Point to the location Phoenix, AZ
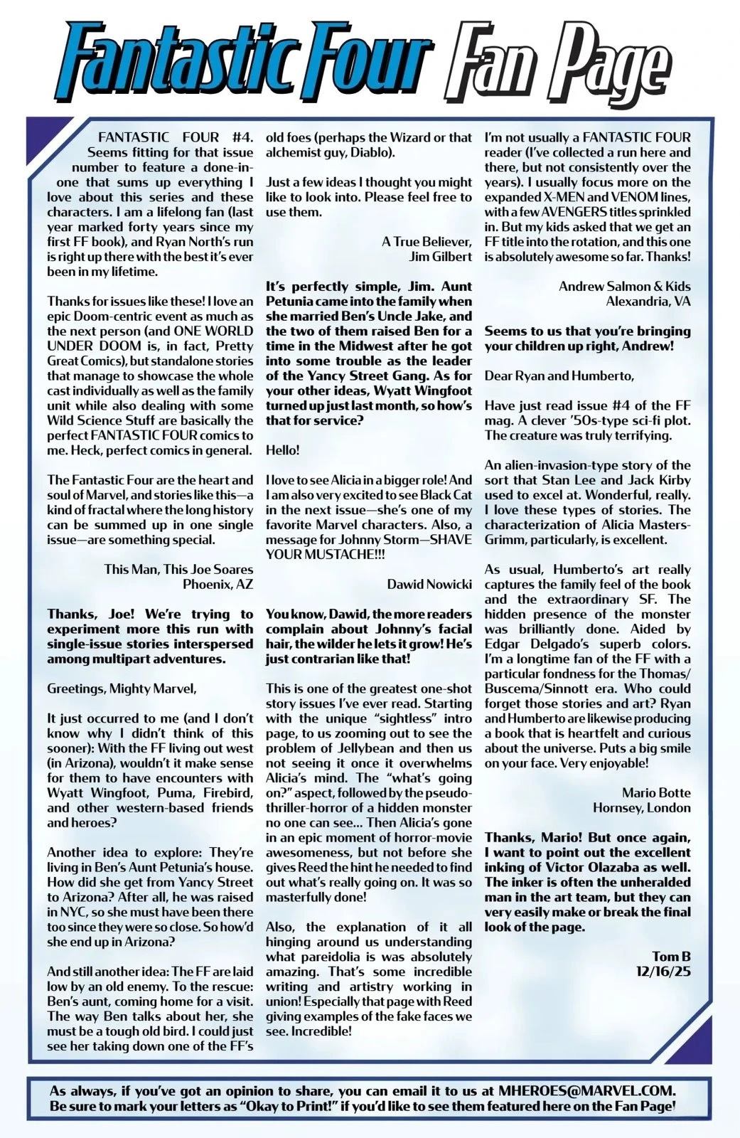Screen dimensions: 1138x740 [218, 584]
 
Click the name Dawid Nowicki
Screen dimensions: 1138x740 [429, 584]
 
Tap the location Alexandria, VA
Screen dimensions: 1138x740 [648, 301]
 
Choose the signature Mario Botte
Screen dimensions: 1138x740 [656, 792]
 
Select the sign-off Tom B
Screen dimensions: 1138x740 [671, 956]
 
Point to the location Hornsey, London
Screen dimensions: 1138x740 [642, 807]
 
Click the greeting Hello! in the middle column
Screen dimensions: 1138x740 [283, 450]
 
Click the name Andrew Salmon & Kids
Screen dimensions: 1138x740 [624, 286]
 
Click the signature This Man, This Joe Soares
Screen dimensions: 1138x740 [178, 569]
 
